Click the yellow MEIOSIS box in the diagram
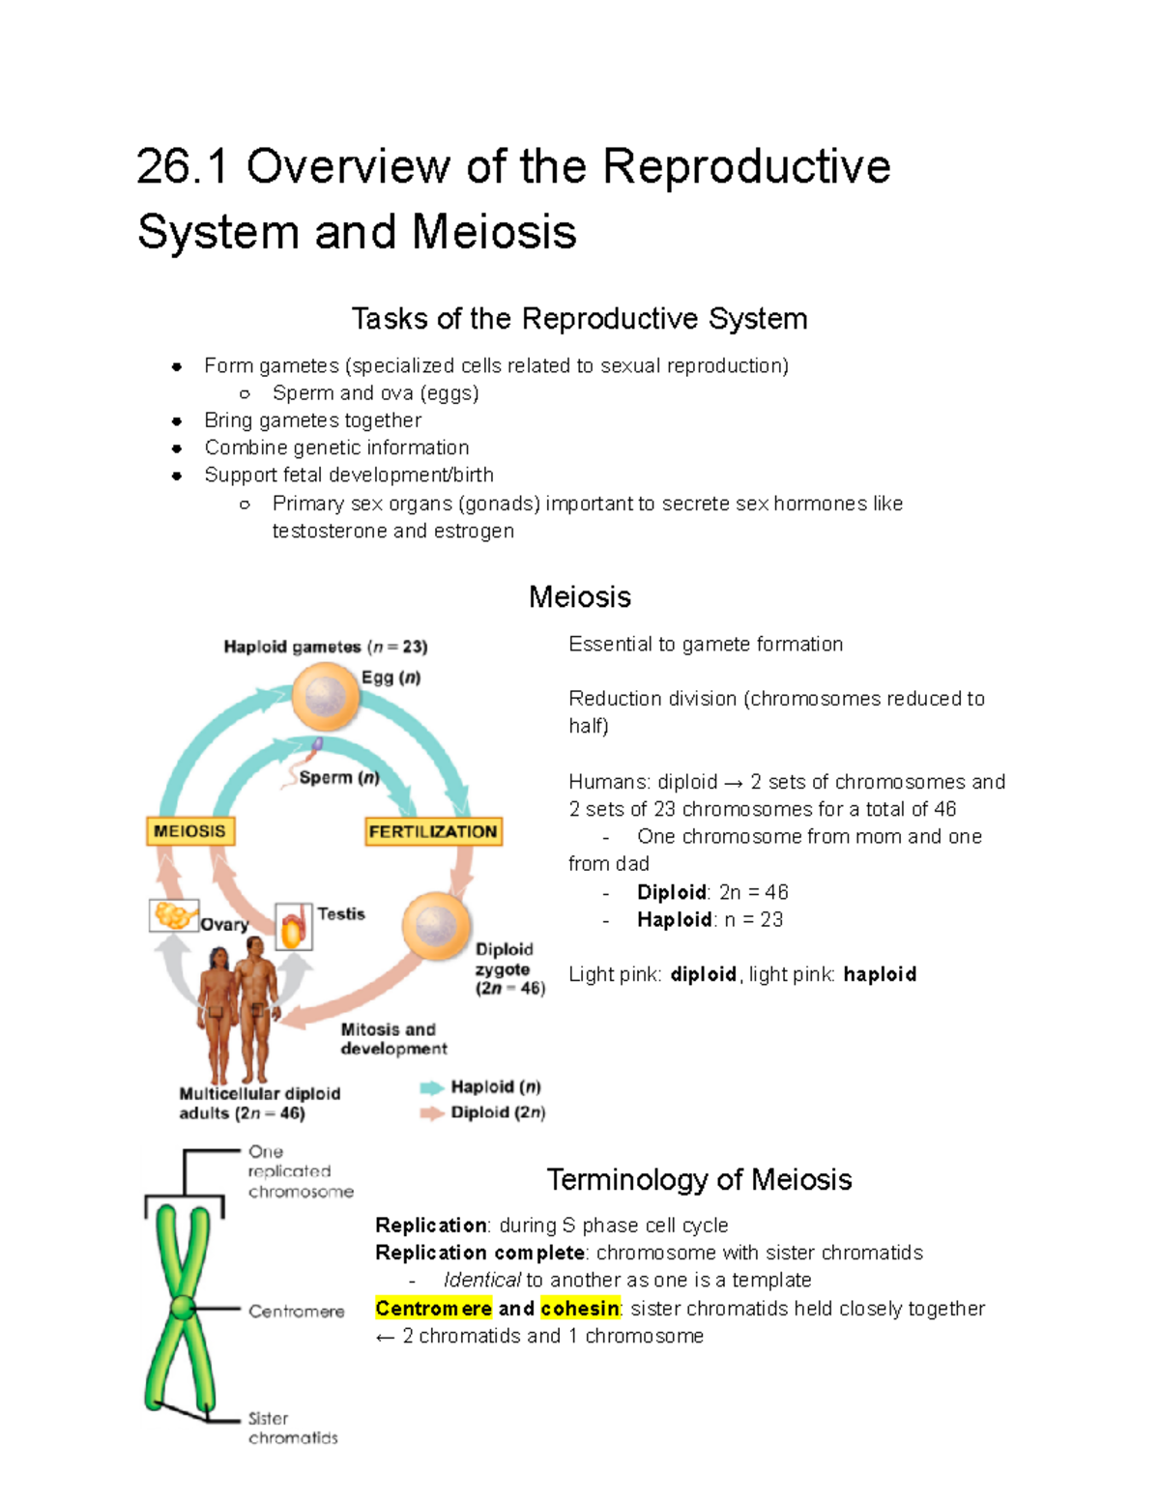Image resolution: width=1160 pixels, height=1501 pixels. pyautogui.click(x=190, y=831)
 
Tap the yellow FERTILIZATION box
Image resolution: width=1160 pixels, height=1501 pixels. pyautogui.click(x=433, y=831)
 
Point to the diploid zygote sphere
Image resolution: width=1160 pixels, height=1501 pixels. pyautogui.click(x=436, y=926)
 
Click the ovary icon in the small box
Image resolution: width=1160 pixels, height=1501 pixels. pyautogui.click(x=174, y=914)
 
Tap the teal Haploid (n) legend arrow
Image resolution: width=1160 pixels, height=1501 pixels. pyautogui.click(x=431, y=1087)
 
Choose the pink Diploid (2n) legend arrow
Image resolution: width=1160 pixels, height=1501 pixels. pyautogui.click(x=431, y=1113)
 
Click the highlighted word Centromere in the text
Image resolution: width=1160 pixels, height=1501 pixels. pyautogui.click(x=433, y=1308)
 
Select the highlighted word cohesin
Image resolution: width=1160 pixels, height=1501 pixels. pyautogui.click(x=580, y=1308)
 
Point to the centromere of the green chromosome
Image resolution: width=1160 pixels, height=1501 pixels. pyautogui.click(x=183, y=1309)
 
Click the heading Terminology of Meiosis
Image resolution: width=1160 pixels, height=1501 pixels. pyautogui.click(x=699, y=1179)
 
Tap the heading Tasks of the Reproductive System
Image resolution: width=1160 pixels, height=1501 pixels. pyautogui.click(x=579, y=318)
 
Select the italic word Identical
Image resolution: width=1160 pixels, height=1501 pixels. pyautogui.click(x=481, y=1280)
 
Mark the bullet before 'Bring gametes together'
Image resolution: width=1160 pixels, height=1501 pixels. pyautogui.click(x=177, y=420)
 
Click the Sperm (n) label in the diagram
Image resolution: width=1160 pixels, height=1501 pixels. pyautogui.click(x=338, y=777)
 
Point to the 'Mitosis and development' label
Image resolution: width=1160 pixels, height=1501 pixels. pyautogui.click(x=393, y=1039)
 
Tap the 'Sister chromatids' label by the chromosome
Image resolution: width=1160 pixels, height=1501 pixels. pyautogui.click(x=292, y=1428)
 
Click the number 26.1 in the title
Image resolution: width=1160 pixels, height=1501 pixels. pyautogui.click(x=182, y=166)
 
